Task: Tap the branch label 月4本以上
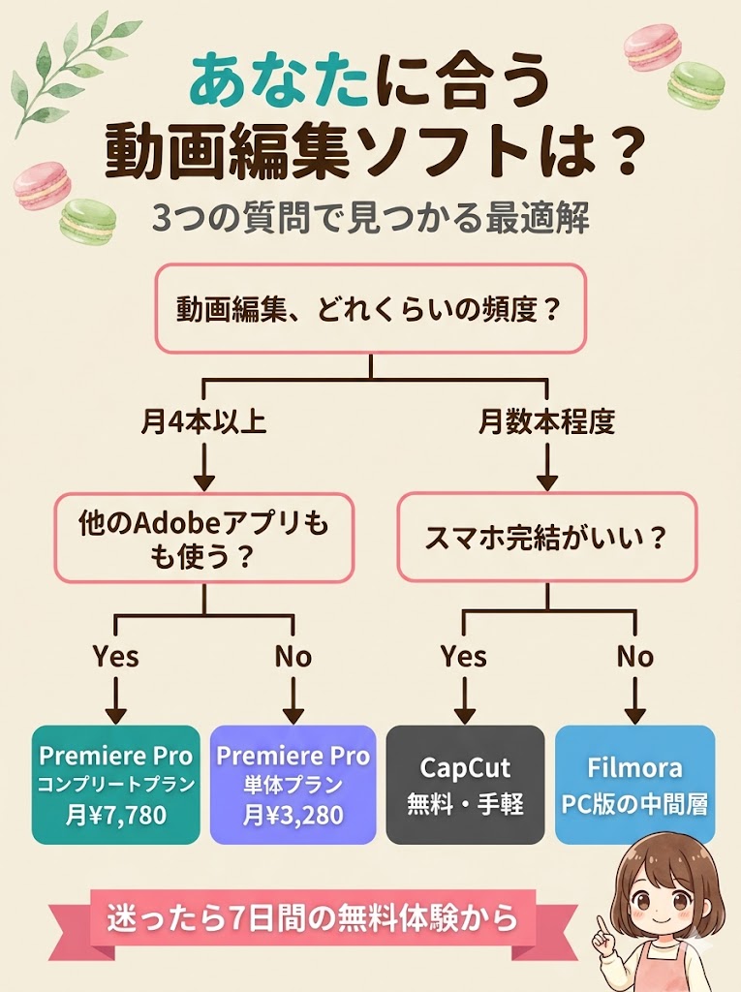click(x=203, y=423)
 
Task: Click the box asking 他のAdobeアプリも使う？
click(x=203, y=538)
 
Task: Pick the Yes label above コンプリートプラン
click(x=116, y=657)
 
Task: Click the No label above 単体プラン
click(x=293, y=657)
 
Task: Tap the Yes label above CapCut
click(x=463, y=657)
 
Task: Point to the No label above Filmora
click(x=635, y=657)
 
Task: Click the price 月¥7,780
click(x=116, y=815)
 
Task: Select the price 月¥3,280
click(x=293, y=815)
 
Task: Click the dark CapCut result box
click(x=464, y=784)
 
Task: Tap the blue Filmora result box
click(x=635, y=784)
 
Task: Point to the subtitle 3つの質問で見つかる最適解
click(x=370, y=218)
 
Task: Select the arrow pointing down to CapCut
click(x=463, y=699)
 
